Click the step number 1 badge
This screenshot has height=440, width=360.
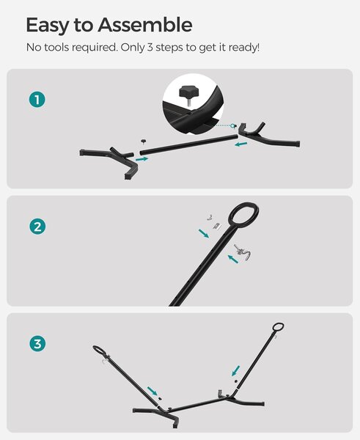[37, 100]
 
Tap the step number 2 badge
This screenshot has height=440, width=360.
[37, 227]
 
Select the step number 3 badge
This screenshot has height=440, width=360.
[37, 344]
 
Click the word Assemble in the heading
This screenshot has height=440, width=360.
[145, 25]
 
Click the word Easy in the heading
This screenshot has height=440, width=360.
[47, 26]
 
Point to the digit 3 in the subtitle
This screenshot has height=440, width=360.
[150, 48]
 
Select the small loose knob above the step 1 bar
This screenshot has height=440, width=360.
[144, 141]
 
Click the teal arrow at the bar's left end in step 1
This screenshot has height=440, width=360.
[142, 159]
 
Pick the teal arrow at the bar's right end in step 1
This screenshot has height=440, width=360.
[241, 144]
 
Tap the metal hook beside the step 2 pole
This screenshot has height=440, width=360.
[242, 252]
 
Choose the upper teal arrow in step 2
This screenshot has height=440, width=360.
[204, 233]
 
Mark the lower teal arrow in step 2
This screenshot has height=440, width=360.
[233, 259]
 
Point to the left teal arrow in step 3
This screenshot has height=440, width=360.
[153, 391]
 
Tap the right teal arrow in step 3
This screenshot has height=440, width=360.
[236, 370]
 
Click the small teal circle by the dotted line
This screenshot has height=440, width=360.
[232, 125]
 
